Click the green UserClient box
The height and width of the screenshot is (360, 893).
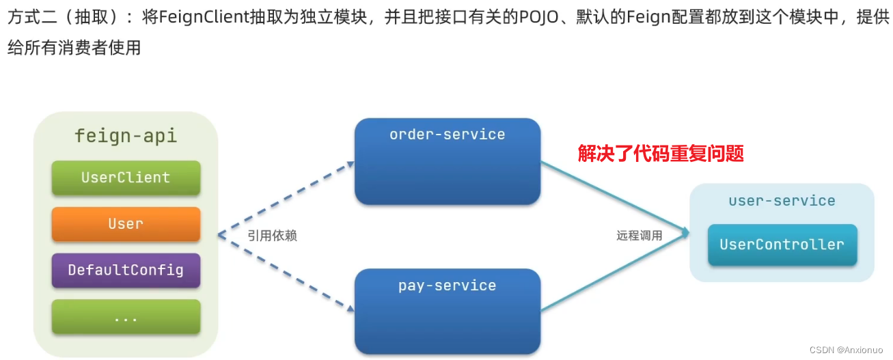pos(126,178)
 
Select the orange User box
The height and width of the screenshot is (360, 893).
pos(126,224)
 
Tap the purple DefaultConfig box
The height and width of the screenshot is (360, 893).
pos(126,270)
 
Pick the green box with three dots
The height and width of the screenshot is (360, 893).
pos(126,317)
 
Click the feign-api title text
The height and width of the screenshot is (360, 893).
pos(126,135)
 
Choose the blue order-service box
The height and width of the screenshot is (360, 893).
pos(448,162)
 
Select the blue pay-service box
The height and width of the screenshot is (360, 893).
pos(448,311)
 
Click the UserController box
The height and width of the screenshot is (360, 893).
pos(782,245)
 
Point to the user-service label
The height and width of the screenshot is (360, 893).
pos(782,201)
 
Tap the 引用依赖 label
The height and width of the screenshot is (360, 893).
pos(272,236)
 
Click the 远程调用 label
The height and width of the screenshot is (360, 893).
pos(639,236)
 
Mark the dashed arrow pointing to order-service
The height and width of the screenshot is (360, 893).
pos(287,197)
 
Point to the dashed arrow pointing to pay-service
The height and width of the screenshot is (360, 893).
pos(287,273)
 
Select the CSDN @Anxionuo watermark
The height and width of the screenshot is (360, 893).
pos(844,350)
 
